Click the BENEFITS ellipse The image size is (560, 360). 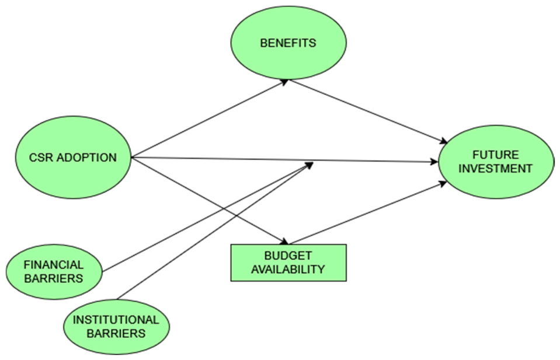click(288, 43)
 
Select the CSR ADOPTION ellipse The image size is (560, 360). click(73, 158)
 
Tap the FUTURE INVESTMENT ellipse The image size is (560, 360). click(496, 162)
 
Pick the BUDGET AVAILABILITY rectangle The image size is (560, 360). click(288, 263)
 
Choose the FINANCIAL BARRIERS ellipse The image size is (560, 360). click(54, 272)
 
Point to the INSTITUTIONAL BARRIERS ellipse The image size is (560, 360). click(116, 327)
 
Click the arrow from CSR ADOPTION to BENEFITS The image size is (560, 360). click(210, 118)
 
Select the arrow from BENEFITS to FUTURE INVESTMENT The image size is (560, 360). click(368, 111)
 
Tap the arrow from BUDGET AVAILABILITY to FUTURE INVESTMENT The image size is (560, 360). click(368, 213)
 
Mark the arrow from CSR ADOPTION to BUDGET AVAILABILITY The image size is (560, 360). click(210, 201)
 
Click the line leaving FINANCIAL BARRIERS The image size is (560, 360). click(207, 217)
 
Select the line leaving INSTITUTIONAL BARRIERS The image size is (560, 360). click(215, 231)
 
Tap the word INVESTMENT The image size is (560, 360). click(496, 169)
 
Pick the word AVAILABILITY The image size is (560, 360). click(288, 269)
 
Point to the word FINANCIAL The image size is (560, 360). click(54, 265)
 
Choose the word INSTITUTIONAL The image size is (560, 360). click(116, 320)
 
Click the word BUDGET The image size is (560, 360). click(288, 256)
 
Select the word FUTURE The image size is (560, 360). click(496, 155)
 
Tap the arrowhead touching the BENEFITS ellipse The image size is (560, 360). click(284, 82)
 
